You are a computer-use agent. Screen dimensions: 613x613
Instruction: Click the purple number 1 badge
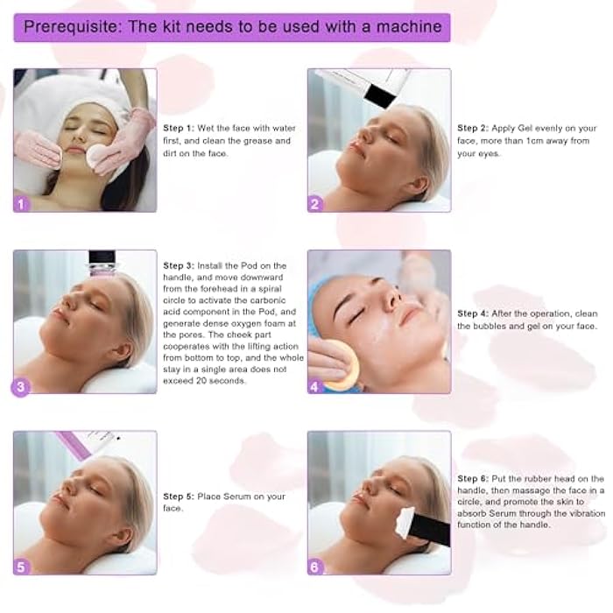click(23, 203)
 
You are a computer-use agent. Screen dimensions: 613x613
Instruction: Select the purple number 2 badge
click(316, 203)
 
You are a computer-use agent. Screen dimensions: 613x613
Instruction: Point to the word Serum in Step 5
click(247, 497)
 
